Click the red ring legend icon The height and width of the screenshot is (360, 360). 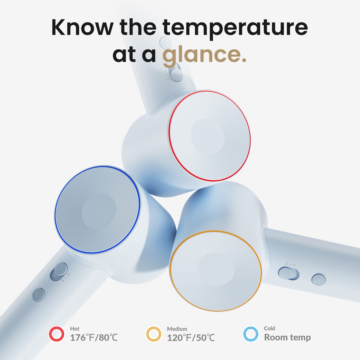56,334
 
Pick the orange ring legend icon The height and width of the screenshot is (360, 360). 154,334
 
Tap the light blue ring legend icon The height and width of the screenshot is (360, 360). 251,334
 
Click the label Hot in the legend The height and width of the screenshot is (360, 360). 75,329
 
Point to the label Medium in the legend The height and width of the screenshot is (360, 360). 177,329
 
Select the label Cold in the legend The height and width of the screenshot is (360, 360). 269,328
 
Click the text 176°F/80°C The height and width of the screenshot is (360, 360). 94,338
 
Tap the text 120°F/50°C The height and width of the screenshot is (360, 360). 191,338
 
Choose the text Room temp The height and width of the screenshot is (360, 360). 287,337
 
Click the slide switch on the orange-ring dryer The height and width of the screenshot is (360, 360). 289,274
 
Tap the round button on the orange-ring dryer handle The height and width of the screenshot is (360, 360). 318,280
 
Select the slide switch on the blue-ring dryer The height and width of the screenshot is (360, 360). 59,272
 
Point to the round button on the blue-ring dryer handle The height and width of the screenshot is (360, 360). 38,294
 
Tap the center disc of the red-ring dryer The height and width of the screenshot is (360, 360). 208,137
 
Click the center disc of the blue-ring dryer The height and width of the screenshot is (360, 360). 99,211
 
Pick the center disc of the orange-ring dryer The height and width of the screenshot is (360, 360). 216,269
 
